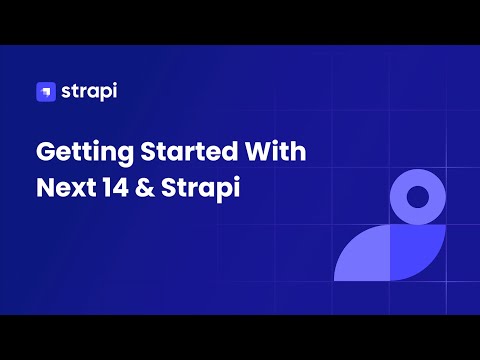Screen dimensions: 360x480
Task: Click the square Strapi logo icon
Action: tap(45, 93)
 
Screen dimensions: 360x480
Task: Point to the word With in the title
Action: tap(277, 153)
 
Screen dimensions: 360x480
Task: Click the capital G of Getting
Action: tap(45, 153)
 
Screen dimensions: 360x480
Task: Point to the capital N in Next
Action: tap(45, 188)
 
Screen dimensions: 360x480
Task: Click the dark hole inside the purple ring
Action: tap(417, 195)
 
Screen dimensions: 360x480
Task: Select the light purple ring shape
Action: tap(417, 175)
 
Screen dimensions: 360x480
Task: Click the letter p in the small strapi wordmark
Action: tap(100, 95)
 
